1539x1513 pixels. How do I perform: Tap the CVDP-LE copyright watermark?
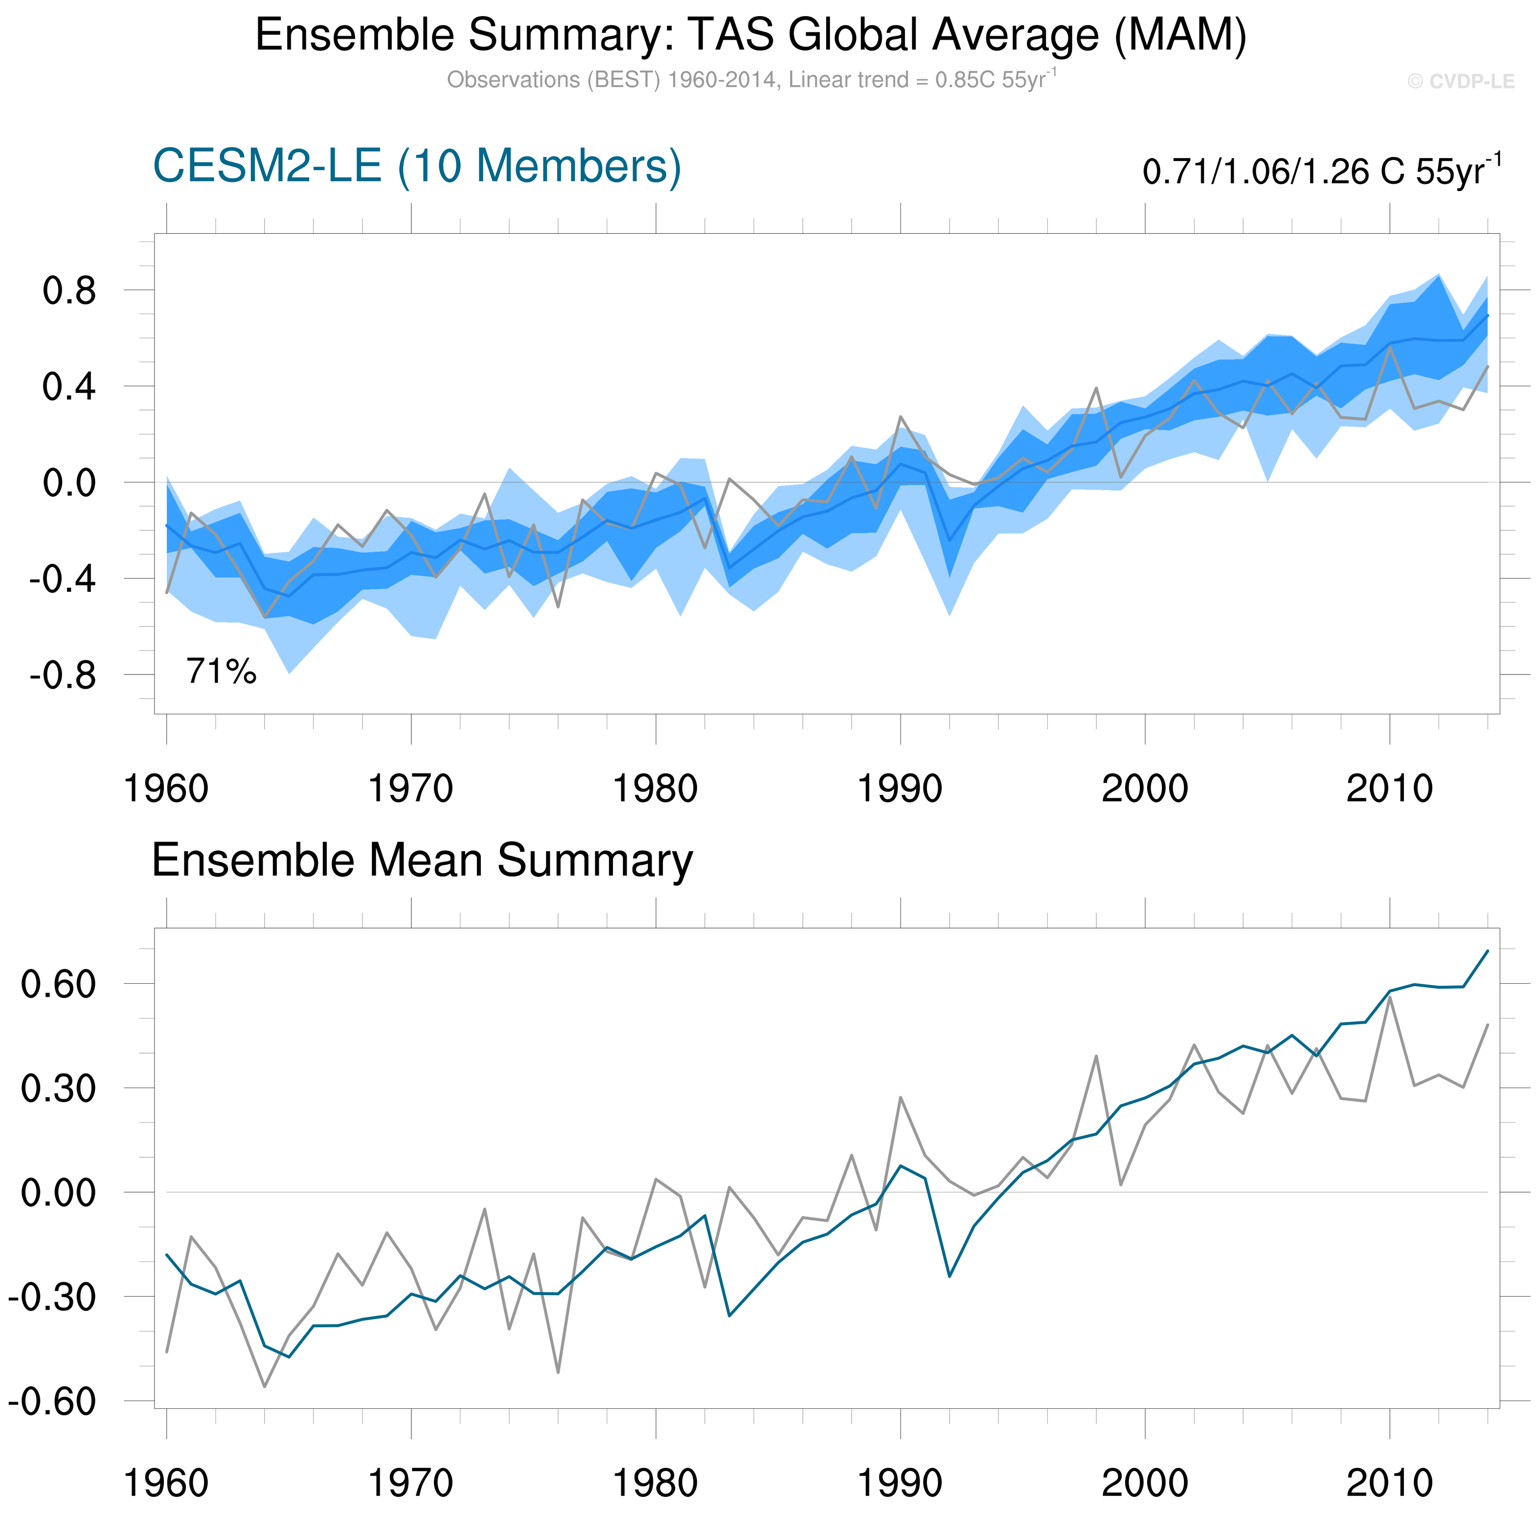(1460, 82)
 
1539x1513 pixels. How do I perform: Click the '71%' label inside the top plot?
(221, 672)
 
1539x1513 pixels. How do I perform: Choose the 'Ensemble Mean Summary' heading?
(422, 860)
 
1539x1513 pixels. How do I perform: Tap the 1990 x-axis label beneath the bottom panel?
(900, 1483)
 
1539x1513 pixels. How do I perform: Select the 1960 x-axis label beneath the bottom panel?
(166, 1483)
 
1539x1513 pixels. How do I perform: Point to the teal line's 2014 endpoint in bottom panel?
(1487, 950)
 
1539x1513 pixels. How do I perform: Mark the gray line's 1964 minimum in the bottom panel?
(265, 1387)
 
